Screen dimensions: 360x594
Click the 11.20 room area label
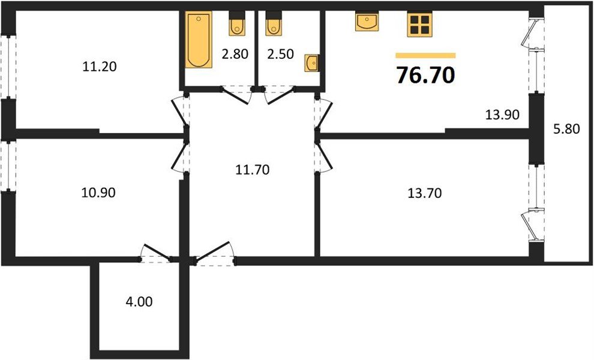click(x=99, y=67)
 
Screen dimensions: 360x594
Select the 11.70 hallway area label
click(x=253, y=170)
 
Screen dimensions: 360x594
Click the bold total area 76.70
click(x=425, y=74)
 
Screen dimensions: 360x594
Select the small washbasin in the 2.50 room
click(x=312, y=63)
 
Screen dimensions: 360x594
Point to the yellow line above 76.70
click(x=425, y=56)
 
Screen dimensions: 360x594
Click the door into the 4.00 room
click(x=155, y=254)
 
